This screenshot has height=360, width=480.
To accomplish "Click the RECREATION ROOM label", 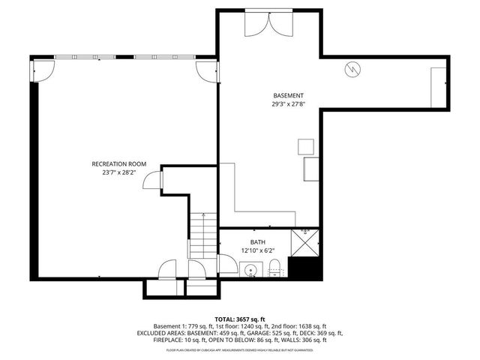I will (x=118, y=163).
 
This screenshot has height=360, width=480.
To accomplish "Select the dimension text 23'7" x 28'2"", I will (x=118, y=172).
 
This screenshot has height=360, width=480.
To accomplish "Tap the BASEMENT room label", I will (x=288, y=95).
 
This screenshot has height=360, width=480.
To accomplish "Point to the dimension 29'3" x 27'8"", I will (x=288, y=104).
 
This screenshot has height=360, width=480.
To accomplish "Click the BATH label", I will (x=258, y=241).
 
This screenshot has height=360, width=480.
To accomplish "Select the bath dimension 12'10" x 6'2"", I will (x=258, y=250).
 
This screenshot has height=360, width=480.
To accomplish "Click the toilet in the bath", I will (x=274, y=266).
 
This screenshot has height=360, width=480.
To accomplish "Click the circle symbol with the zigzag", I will (x=352, y=70).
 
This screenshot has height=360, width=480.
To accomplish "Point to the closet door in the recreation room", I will (x=152, y=181).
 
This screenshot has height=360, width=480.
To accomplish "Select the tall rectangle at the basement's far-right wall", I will (x=439, y=87).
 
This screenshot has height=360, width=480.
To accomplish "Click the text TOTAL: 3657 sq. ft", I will (x=239, y=319).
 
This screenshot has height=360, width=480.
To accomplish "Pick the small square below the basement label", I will (x=305, y=145).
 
